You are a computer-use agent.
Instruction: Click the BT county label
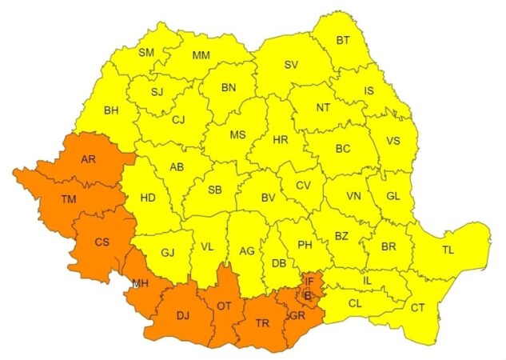pyautogui.click(x=343, y=40)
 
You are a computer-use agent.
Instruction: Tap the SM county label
pyautogui.click(x=146, y=53)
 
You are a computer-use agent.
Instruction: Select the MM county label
pyautogui.click(x=201, y=55)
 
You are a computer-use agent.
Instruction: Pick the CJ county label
pyautogui.click(x=178, y=121)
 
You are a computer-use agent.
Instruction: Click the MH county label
pyautogui.click(x=141, y=283)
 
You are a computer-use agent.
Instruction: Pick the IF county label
pyautogui.click(x=309, y=281)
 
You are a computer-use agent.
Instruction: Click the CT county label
pyautogui.click(x=418, y=307)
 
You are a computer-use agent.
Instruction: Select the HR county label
pyautogui.click(x=280, y=139)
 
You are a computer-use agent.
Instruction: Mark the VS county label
pyautogui.click(x=393, y=141)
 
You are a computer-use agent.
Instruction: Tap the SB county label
pyautogui.click(x=214, y=190)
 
